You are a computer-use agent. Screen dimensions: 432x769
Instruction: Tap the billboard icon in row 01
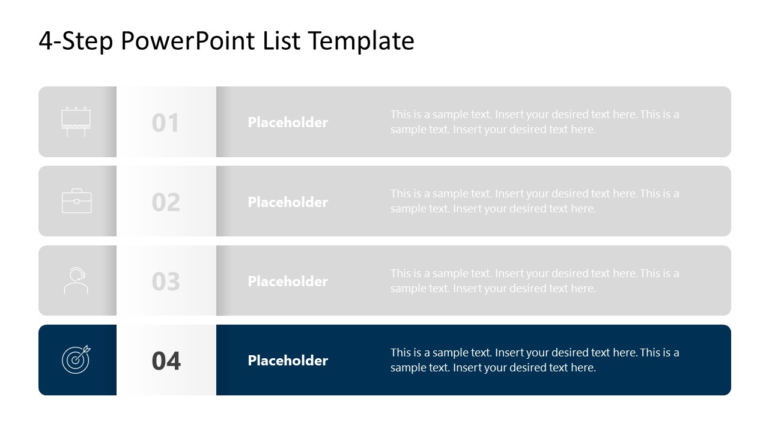(x=76, y=122)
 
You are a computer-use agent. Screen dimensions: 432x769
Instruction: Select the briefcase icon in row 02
(x=77, y=201)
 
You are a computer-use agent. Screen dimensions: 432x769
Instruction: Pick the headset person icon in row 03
(x=76, y=281)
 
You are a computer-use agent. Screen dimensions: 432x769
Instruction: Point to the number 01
(x=166, y=123)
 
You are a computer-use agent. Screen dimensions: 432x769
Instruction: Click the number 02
(x=166, y=202)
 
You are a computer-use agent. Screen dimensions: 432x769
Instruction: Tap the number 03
(x=166, y=281)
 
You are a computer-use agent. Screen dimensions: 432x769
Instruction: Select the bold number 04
(x=166, y=361)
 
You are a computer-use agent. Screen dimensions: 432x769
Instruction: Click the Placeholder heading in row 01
(x=288, y=122)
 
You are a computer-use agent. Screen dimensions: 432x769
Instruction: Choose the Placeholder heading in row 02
(x=288, y=202)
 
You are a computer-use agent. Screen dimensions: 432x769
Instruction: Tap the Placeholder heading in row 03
(x=288, y=281)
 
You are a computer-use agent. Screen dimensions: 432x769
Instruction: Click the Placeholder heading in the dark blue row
(x=288, y=361)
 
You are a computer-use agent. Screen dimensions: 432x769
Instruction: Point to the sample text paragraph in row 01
(x=535, y=122)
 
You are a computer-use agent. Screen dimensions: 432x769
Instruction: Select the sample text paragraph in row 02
(x=535, y=201)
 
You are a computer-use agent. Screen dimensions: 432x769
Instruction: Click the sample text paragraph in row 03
(x=535, y=281)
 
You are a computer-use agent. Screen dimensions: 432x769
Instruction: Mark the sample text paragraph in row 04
(x=535, y=360)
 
